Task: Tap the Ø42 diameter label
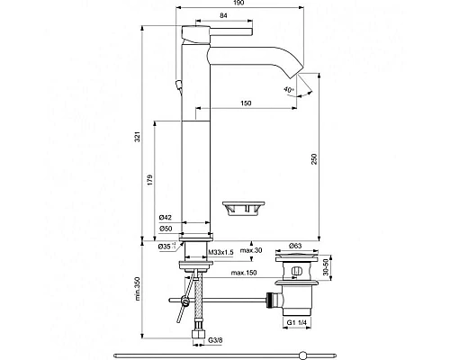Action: click(x=165, y=218)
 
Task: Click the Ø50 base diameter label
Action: click(x=165, y=229)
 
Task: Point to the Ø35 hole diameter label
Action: click(x=165, y=246)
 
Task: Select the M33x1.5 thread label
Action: click(x=220, y=253)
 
